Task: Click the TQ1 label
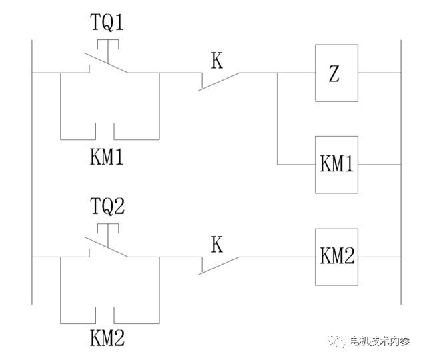107,25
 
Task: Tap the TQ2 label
107,207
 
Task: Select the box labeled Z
336,74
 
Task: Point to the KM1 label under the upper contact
107,159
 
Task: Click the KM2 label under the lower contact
107,339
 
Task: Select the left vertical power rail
32,167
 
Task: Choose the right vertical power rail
398,167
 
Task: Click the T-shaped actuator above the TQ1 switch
107,44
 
